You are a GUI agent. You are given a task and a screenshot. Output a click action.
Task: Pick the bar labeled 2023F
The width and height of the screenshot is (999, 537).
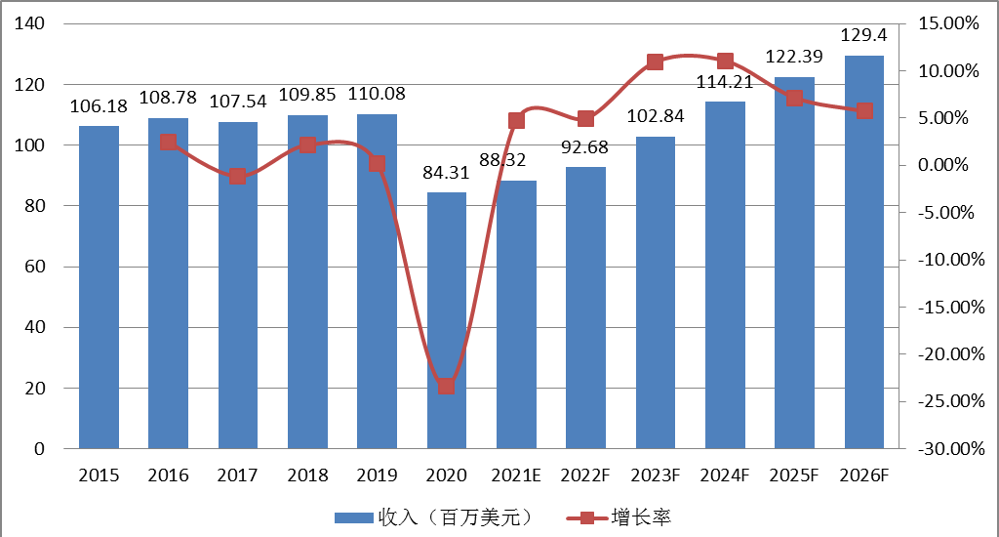(x=656, y=293)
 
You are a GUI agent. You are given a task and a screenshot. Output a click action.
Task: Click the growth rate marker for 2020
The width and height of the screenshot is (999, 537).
(x=446, y=386)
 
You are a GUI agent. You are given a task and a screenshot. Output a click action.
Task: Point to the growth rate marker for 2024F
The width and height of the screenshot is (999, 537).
(x=725, y=62)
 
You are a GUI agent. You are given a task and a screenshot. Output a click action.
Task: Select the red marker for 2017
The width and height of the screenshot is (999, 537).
(x=237, y=177)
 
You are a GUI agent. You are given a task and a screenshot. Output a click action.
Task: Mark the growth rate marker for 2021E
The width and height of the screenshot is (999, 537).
(x=516, y=121)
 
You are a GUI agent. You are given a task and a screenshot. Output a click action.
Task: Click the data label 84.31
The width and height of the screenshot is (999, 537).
(x=446, y=174)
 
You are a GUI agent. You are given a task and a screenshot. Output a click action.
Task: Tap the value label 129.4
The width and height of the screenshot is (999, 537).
(x=864, y=35)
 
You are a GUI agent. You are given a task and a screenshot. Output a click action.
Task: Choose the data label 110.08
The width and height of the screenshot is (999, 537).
(x=377, y=95)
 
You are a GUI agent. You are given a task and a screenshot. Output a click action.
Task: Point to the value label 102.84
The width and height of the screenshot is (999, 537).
(x=656, y=116)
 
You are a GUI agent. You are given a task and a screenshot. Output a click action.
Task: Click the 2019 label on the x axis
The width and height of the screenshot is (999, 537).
(x=377, y=475)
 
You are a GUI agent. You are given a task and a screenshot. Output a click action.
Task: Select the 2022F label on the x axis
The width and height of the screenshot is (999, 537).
(x=585, y=475)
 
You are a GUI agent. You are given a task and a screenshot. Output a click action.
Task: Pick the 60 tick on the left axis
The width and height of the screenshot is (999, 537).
(x=38, y=267)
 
